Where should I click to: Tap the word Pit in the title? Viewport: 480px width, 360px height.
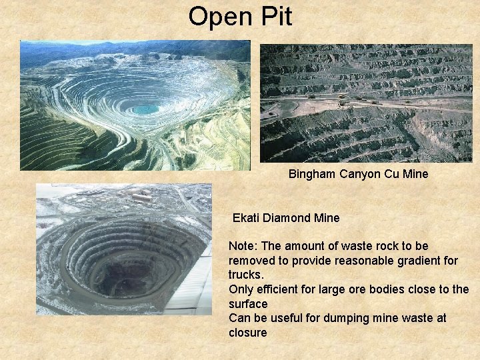click(x=276, y=17)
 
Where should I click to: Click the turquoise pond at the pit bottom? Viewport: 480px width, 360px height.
click(x=145, y=109)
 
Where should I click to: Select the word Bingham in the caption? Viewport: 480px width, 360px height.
click(x=313, y=174)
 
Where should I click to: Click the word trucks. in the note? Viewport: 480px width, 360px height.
click(x=247, y=275)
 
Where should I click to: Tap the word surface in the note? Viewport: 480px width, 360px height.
click(x=248, y=304)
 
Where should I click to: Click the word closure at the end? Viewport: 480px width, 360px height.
click(x=247, y=333)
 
